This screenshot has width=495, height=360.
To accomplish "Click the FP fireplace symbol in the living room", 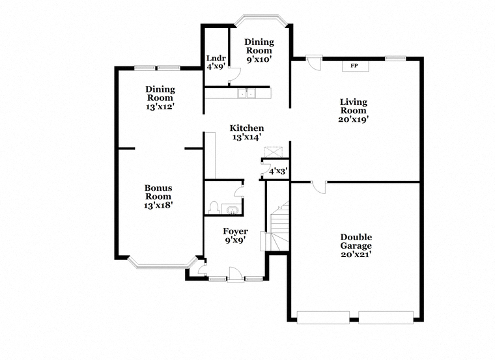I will (354, 66).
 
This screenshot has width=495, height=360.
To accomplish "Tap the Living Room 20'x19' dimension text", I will (354, 119).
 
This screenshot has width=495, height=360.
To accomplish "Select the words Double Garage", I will (356, 242).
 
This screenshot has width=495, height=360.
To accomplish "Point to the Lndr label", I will (215, 57).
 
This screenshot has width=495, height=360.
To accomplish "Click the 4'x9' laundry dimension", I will (215, 66).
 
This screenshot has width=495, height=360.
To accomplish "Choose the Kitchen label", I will (246, 128).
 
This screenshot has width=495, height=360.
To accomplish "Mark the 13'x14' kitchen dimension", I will (246, 137).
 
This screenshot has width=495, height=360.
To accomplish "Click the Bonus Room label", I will (158, 192).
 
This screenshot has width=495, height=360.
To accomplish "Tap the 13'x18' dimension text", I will (158, 205).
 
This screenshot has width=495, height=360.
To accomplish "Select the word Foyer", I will (235, 231).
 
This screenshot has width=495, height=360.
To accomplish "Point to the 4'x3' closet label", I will (278, 172).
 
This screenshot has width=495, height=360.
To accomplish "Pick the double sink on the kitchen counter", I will (246, 94).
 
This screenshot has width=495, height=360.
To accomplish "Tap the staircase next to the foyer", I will (278, 228).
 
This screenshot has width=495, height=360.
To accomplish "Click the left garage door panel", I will (323, 318).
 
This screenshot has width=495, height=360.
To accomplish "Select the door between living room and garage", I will (319, 187).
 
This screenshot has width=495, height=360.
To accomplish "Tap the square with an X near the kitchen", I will (271, 151).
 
